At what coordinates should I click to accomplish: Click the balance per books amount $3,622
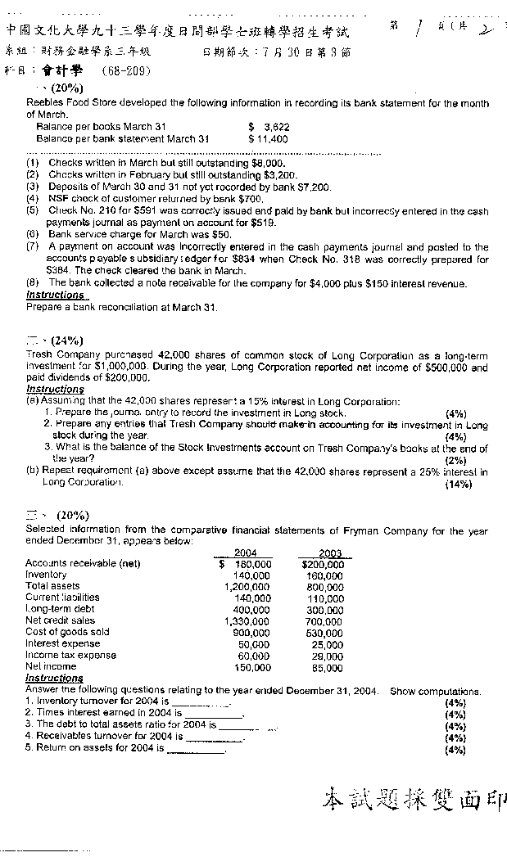pos(269,128)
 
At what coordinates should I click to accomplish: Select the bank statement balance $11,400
pos(269,139)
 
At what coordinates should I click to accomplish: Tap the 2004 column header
pos(246,553)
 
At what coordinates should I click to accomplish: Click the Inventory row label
pos(46,575)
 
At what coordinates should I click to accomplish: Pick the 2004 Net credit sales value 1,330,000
pos(247,621)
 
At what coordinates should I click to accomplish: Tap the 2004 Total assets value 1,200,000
pos(247,586)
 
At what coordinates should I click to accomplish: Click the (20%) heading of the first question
pos(65,87)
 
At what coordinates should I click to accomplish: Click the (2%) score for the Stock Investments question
pos(455,460)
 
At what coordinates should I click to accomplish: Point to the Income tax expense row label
pos(70,655)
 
